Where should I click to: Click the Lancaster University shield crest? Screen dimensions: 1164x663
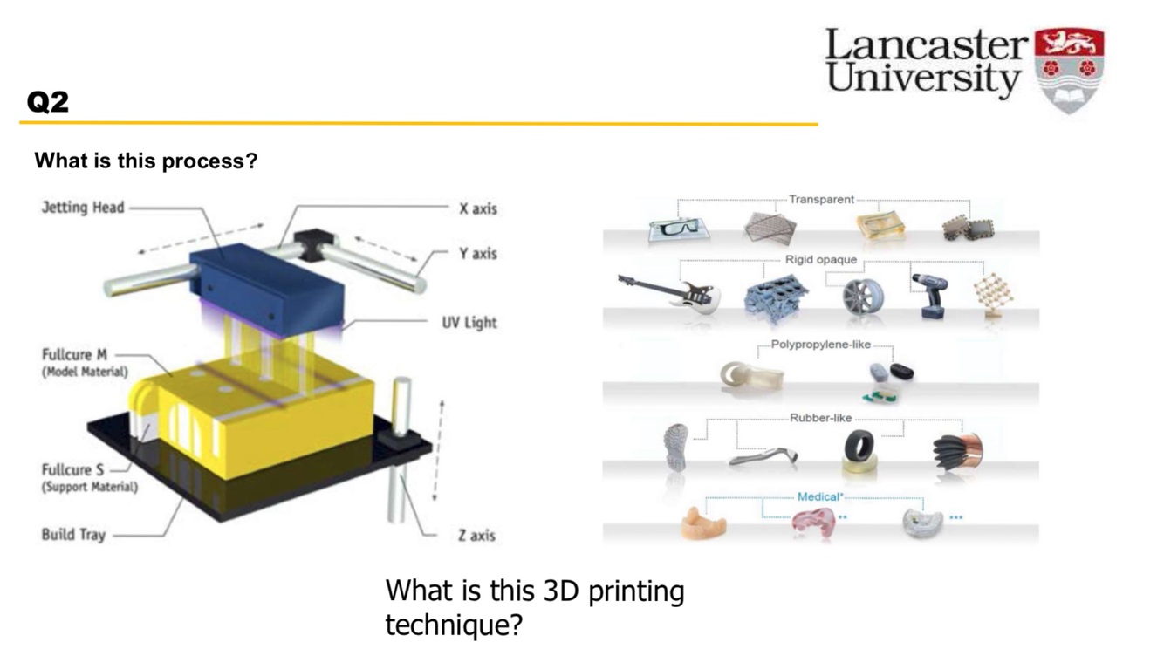(1069, 67)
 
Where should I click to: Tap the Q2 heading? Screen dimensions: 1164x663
(47, 103)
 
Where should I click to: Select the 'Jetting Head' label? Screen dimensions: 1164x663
(83, 208)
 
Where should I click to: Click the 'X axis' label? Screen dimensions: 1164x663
(477, 209)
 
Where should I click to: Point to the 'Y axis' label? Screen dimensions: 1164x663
(477, 254)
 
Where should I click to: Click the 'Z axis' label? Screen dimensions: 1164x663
(476, 535)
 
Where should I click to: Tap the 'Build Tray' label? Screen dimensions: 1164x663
(73, 534)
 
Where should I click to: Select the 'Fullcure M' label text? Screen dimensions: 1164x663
(76, 355)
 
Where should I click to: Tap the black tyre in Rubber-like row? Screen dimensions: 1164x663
(859, 448)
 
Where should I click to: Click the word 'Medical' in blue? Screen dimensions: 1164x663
(817, 497)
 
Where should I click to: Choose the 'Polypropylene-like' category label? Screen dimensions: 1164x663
(820, 345)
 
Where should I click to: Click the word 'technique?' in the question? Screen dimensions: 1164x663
(453, 625)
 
